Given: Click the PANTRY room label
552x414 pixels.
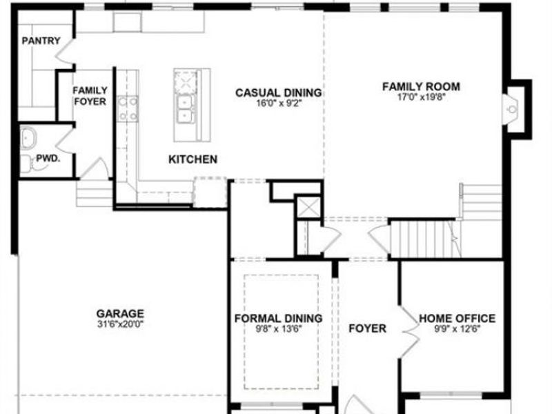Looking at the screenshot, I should click(x=41, y=41).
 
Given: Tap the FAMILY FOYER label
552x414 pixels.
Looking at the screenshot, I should click(x=90, y=96).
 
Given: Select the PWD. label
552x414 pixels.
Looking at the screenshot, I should click(x=48, y=158).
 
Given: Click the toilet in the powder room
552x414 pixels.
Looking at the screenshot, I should click(x=26, y=164).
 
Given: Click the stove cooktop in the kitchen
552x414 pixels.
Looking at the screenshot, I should click(x=128, y=109).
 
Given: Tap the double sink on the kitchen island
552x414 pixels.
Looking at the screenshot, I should click(x=185, y=108).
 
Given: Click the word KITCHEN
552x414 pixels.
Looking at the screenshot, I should click(x=193, y=159).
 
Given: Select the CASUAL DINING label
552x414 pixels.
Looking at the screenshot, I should click(x=278, y=92).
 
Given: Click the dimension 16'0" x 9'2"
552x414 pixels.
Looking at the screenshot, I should click(x=278, y=103).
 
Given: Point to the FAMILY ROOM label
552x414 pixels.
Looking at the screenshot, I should click(x=421, y=86).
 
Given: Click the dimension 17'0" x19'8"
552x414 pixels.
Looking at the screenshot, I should click(x=421, y=97).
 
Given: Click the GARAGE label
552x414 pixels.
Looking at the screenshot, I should click(x=120, y=313).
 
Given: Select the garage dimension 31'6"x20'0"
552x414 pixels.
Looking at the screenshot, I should click(x=120, y=323).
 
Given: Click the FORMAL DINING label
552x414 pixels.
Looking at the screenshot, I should click(x=278, y=318).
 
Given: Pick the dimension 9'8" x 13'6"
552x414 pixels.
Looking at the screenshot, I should click(x=278, y=328).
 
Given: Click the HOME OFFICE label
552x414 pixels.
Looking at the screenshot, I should click(x=457, y=318).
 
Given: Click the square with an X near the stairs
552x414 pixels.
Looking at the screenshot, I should click(x=307, y=208).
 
